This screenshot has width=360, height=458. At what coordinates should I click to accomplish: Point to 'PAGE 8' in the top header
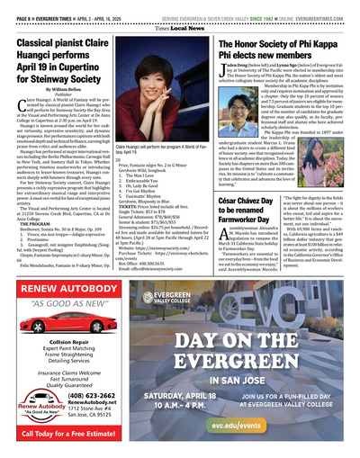pos(19,6)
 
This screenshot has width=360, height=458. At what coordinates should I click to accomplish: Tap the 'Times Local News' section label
pos(180,17)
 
